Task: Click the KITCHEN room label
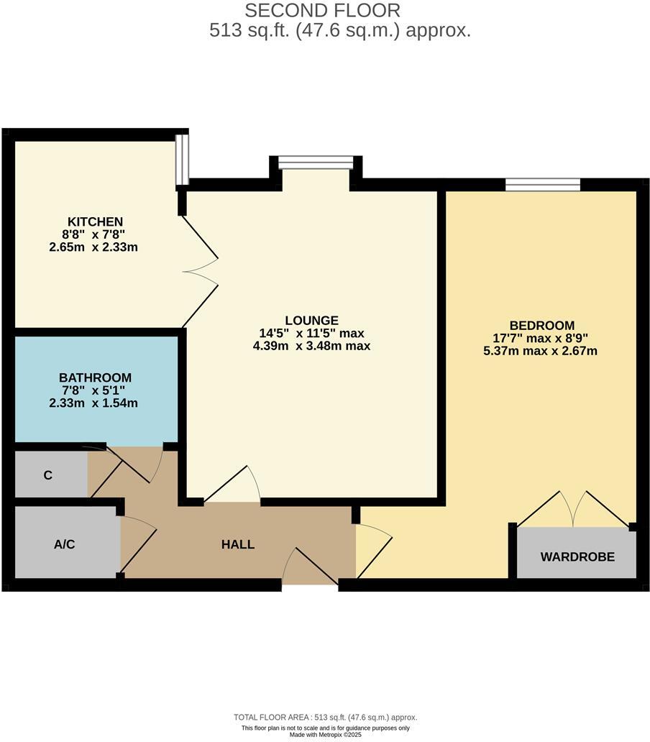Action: tap(95, 221)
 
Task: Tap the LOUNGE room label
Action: tap(311, 321)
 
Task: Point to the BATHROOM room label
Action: tap(95, 377)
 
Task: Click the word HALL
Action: tap(237, 545)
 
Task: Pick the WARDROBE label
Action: tap(577, 556)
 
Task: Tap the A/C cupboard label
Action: tap(64, 544)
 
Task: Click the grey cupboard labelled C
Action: tap(48, 475)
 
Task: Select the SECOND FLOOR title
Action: tap(323, 11)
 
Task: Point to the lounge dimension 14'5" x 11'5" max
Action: tap(311, 334)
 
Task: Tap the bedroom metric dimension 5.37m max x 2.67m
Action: tap(541, 351)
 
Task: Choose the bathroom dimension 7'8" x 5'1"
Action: tap(94, 390)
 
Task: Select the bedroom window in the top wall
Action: tap(542, 185)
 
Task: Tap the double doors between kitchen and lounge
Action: tap(201, 271)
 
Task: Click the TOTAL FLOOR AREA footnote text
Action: tap(325, 717)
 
